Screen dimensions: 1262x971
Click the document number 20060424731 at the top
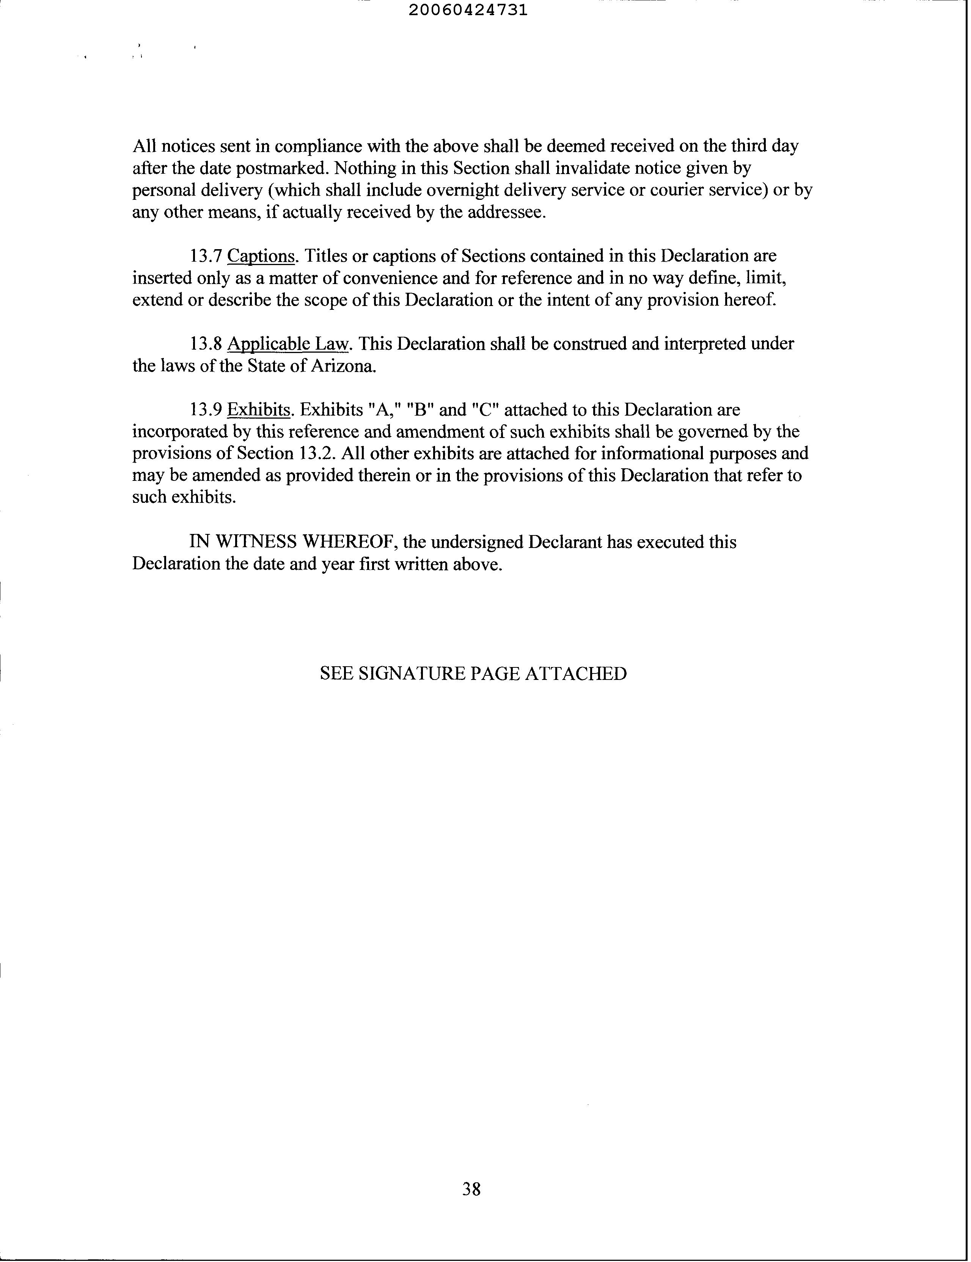click(x=468, y=10)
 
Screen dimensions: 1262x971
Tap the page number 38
click(x=471, y=1188)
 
